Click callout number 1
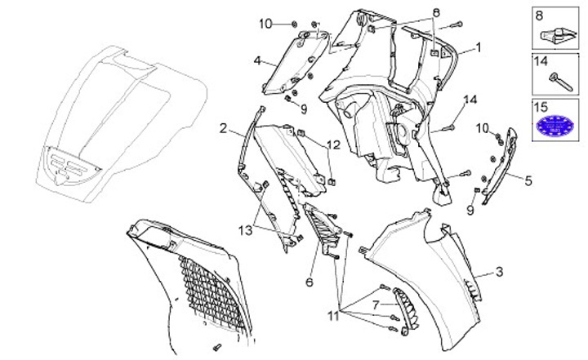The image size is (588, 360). tap(479, 47)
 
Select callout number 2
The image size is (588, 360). tap(223, 127)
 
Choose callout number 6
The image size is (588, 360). tap(310, 282)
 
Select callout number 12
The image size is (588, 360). tap(333, 144)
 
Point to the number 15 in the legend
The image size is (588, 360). tap(541, 106)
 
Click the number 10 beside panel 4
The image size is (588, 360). tap(265, 23)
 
